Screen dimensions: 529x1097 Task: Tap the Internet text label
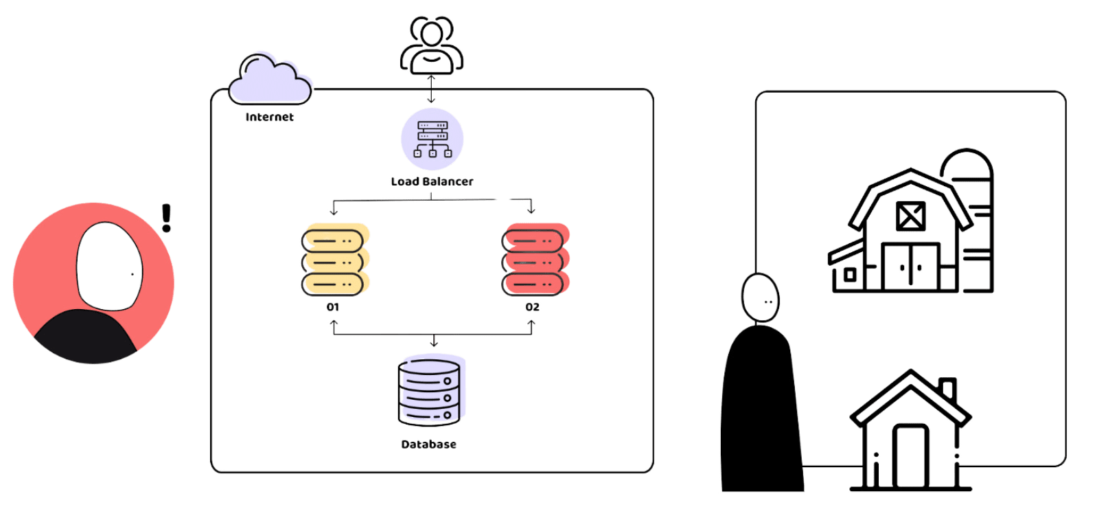tap(269, 117)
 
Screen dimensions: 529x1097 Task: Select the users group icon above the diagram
tap(431, 45)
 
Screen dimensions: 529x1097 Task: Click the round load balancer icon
tap(432, 139)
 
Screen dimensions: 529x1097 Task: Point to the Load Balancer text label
tap(432, 181)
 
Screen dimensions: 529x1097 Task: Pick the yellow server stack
tap(334, 260)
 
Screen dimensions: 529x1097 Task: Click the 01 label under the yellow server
tap(333, 307)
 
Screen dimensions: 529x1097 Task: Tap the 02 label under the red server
tap(532, 307)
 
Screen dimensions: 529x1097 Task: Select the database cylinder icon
tap(430, 392)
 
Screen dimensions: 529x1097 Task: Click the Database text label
tap(428, 444)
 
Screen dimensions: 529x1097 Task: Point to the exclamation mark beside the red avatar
tap(165, 218)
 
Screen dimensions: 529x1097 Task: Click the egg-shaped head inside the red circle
tap(110, 267)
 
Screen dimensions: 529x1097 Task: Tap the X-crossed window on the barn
tap(910, 216)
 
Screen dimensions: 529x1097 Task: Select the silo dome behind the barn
tap(967, 165)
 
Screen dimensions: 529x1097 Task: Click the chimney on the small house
tap(947, 389)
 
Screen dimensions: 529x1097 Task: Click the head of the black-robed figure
tap(760, 297)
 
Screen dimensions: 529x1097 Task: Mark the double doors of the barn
tap(910, 267)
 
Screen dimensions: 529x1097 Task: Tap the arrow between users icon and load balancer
tap(431, 89)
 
